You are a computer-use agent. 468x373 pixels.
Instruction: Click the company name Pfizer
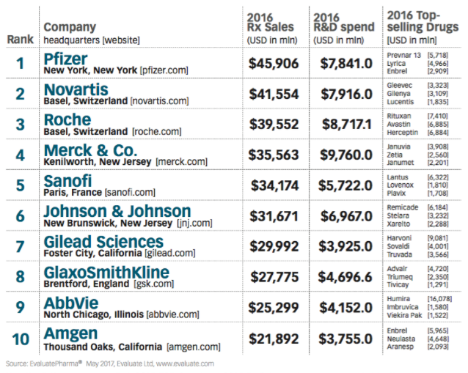(x=65, y=59)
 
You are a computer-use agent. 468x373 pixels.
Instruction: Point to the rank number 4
(x=20, y=155)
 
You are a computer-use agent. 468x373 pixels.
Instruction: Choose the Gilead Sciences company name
(x=103, y=242)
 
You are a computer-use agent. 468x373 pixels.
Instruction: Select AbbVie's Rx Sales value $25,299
(x=274, y=309)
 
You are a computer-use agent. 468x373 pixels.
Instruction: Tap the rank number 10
(x=20, y=339)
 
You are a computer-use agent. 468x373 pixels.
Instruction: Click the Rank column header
(x=19, y=38)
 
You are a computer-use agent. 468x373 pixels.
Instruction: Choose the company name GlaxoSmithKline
(x=106, y=273)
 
